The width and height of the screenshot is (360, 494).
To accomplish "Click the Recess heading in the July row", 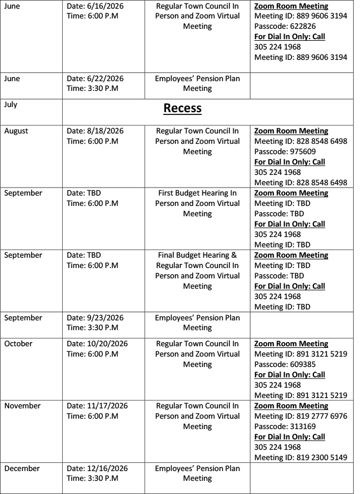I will [183, 108].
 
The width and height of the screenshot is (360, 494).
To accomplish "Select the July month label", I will [11, 105].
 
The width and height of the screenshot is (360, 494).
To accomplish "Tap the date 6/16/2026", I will [105, 6].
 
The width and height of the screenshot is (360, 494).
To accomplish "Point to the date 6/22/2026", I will [105, 78].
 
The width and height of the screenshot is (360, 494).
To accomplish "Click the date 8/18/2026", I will [105, 131].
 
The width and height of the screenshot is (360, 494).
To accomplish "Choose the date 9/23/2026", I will [105, 317].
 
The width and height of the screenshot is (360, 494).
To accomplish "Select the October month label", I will [20, 343].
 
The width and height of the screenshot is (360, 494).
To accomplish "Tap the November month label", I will [24, 406].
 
